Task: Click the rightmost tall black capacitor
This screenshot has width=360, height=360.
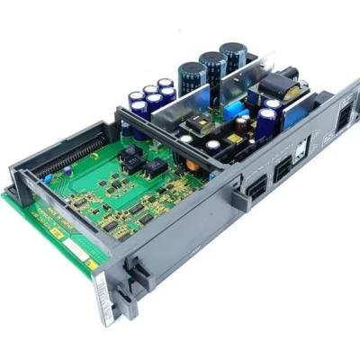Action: click(237, 60)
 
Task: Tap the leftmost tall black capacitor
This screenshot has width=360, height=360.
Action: click(191, 79)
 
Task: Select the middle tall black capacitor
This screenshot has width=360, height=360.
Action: click(212, 69)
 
